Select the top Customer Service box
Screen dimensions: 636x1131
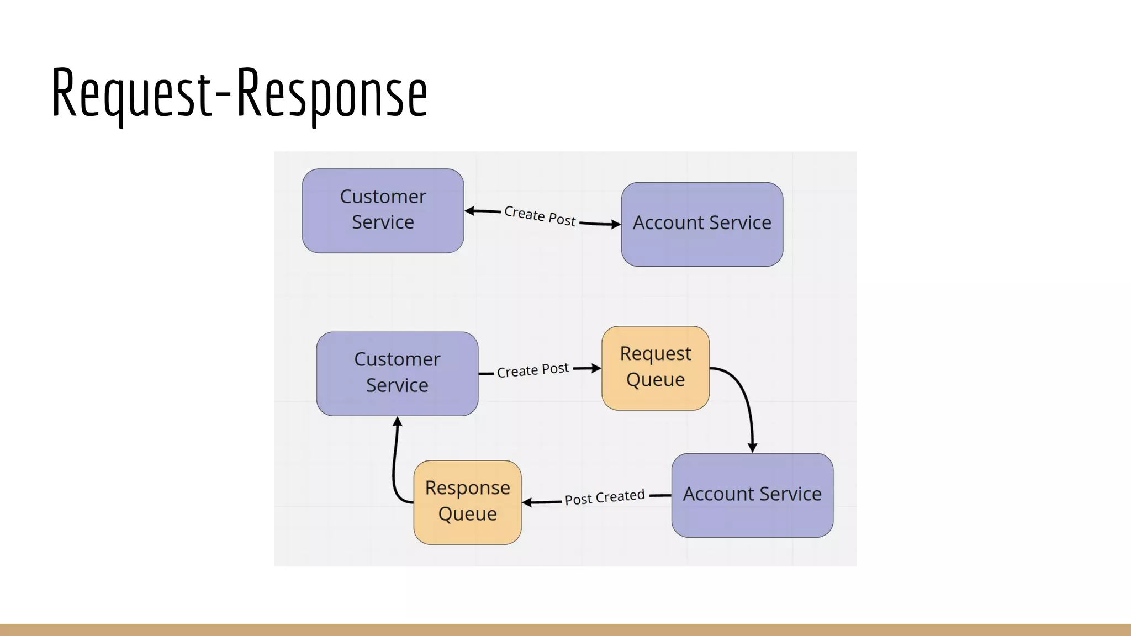[x=383, y=210]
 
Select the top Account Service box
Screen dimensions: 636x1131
[x=701, y=224]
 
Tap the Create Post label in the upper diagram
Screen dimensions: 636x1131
[x=540, y=215]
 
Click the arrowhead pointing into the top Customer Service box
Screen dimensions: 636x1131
[x=470, y=211]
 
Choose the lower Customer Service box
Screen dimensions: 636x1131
[x=397, y=373]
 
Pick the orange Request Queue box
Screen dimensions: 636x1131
[x=655, y=368]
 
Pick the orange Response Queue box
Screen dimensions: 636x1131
[x=467, y=501]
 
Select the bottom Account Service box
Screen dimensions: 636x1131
[x=752, y=495]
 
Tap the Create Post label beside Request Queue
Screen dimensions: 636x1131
[x=532, y=370]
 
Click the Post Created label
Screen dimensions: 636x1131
[x=604, y=497]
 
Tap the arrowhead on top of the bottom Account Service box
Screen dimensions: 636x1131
[x=752, y=447]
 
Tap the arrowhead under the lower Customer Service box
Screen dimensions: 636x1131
[x=398, y=422]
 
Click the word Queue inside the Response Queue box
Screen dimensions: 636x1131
[x=467, y=514]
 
